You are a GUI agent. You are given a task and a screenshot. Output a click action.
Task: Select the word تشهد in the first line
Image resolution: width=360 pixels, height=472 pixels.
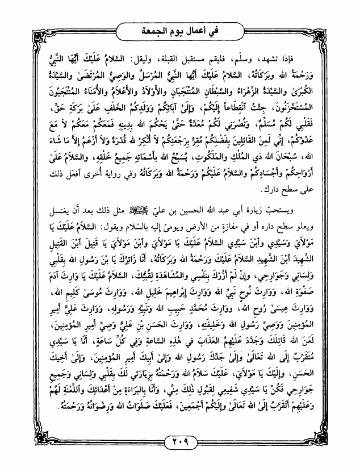tap(287, 57)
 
